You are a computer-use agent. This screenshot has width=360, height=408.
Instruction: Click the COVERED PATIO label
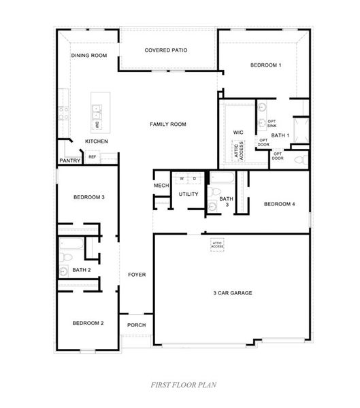166,50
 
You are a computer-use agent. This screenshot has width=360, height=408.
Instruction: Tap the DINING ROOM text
89,55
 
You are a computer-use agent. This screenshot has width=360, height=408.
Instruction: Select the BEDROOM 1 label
265,65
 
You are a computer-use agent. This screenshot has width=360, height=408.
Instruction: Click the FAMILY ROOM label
168,124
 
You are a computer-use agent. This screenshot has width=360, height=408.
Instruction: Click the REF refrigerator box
92,157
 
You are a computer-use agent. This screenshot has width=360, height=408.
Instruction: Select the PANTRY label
69,160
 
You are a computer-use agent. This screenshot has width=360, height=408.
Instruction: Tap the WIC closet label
238,132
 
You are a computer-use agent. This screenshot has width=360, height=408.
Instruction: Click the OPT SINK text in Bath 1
272,123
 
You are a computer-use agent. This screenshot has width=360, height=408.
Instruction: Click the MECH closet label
161,186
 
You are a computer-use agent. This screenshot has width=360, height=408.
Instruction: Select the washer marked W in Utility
182,178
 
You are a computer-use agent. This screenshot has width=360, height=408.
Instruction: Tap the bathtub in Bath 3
222,180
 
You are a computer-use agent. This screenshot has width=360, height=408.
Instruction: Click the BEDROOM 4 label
279,204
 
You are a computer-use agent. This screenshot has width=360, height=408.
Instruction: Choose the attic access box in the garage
217,244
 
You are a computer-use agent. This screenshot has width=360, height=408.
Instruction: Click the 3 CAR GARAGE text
232,293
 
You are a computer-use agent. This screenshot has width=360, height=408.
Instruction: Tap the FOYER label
137,275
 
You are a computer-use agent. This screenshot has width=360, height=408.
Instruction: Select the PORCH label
136,325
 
